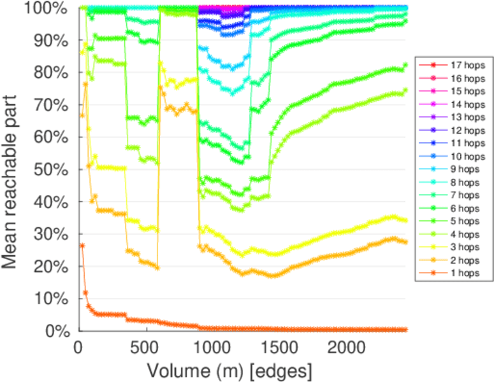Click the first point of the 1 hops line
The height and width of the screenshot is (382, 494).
coord(82,245)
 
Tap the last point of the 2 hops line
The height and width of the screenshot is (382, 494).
coord(405,242)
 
